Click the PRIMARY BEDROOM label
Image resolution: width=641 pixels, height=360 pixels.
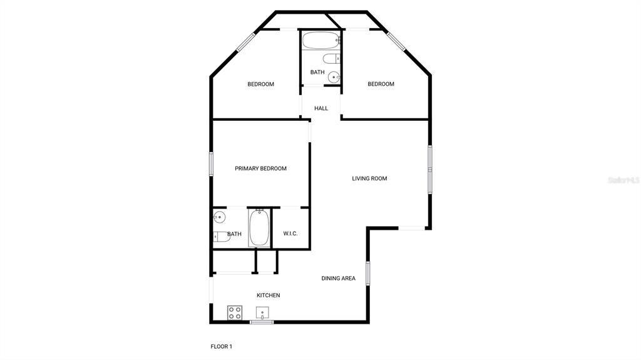[260, 168]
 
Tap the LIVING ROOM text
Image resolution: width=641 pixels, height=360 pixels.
[369, 178]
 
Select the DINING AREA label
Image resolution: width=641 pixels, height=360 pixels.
[339, 279]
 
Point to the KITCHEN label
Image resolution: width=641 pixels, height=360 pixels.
[269, 296]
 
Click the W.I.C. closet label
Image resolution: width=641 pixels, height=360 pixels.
[290, 234]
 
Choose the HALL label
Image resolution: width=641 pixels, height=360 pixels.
[321, 108]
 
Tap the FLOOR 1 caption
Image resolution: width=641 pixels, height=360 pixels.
[221, 346]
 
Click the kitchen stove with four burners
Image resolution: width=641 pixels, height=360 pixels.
[235, 312]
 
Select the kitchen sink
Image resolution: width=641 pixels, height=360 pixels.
[262, 312]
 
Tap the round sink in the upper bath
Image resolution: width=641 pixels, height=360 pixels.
[334, 78]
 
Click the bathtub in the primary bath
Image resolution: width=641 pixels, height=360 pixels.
[259, 229]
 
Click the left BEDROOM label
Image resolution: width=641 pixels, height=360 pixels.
[260, 85]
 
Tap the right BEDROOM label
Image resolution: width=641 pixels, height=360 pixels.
[381, 85]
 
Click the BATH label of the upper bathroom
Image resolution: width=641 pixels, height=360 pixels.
[317, 73]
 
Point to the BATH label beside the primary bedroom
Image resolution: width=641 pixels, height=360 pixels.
[234, 235]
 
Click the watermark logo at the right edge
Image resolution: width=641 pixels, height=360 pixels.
[623, 180]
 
